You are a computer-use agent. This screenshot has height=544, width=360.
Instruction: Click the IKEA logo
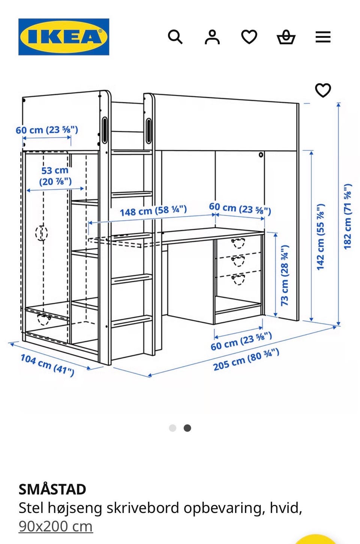(64, 37)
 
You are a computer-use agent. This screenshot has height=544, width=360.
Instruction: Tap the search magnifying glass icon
(175, 37)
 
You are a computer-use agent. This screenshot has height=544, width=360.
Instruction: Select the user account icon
(212, 37)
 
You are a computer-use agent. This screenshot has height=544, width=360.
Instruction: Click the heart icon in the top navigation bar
(249, 37)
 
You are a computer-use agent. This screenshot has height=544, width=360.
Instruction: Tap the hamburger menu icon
(323, 37)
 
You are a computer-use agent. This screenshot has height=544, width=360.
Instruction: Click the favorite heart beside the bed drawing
(323, 90)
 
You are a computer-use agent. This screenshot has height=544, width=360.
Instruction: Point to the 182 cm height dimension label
(348, 216)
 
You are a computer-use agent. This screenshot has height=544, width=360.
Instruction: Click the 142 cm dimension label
(320, 237)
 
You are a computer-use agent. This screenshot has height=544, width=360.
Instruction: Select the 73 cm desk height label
(285, 276)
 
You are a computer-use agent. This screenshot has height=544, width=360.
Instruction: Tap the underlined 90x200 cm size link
(55, 526)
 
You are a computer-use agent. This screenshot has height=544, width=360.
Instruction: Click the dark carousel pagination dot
(187, 428)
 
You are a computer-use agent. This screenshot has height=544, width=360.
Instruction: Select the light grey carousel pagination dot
(172, 428)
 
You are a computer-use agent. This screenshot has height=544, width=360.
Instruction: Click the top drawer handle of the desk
(238, 243)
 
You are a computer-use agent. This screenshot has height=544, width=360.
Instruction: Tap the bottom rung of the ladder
(132, 321)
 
